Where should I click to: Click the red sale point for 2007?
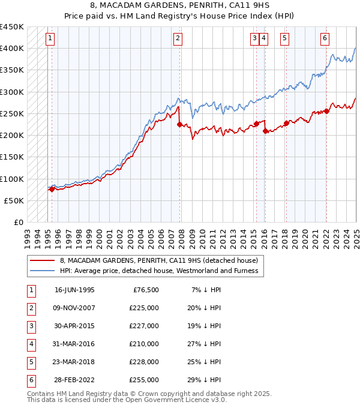pos(179,124)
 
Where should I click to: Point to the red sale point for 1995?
pos(52,189)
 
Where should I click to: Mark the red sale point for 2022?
pos(327,111)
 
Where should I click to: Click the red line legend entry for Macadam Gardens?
pos(158,260)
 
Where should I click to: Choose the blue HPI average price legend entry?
pos(158,271)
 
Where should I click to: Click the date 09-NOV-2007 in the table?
pos(74,308)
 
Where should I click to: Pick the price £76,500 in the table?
pos(146,290)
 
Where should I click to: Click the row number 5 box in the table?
pos(30,362)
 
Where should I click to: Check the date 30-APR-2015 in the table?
pos(74,326)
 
